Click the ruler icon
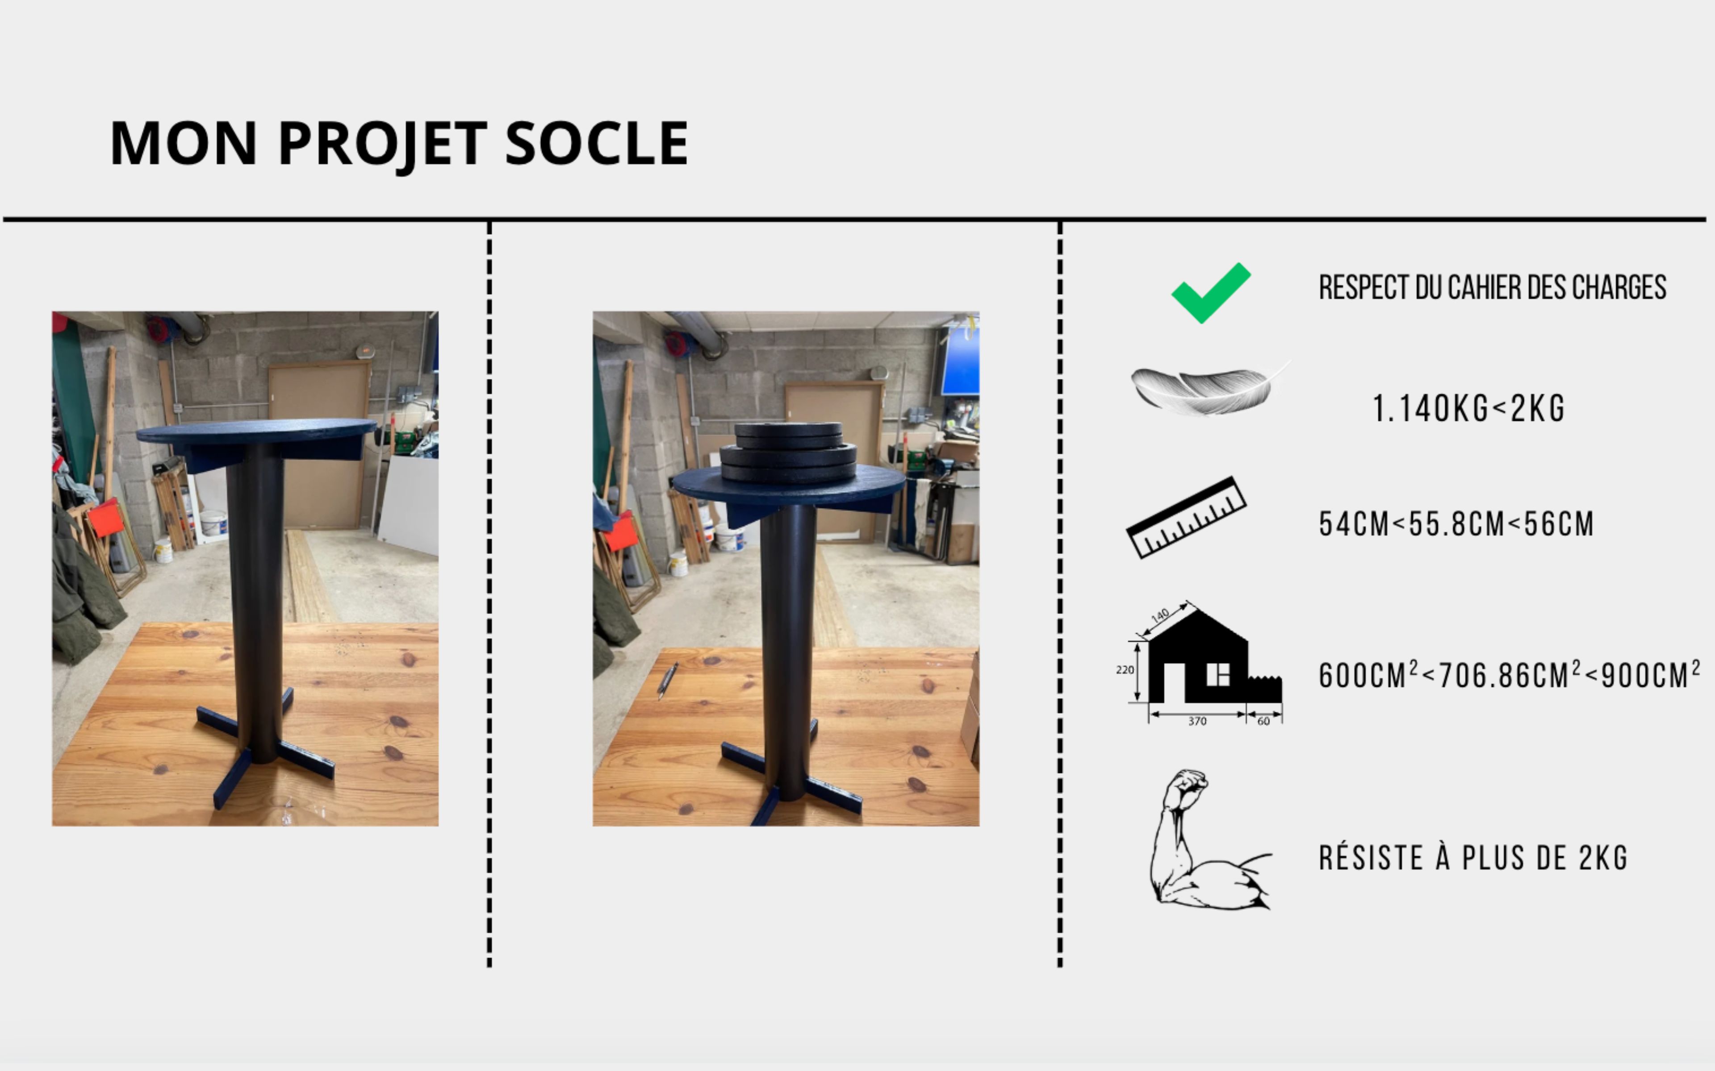(x=1186, y=517)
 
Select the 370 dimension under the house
(x=1197, y=721)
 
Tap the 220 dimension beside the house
(x=1125, y=669)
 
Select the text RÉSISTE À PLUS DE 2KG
(x=1473, y=857)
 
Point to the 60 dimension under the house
(x=1263, y=721)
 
